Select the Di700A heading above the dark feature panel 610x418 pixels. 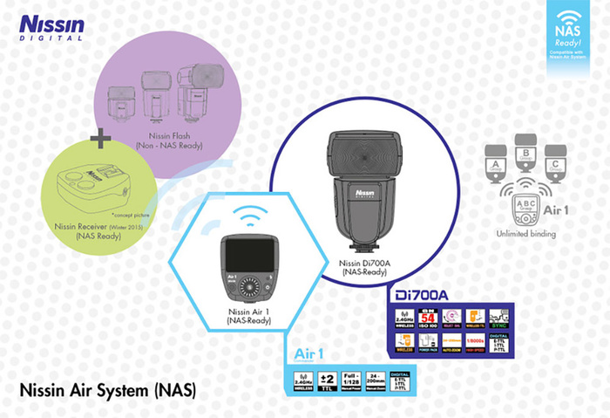pos(417,296)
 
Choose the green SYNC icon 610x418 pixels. pos(498,318)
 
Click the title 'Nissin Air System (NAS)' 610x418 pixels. pos(107,387)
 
